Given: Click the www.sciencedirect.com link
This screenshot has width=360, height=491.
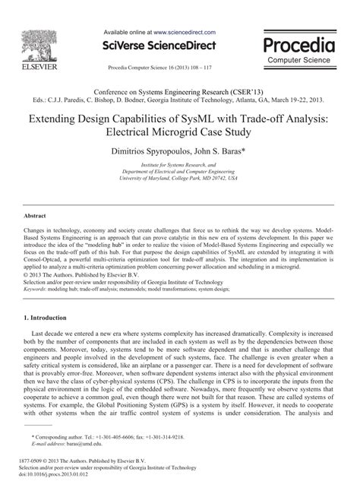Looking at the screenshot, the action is click(184, 33).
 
